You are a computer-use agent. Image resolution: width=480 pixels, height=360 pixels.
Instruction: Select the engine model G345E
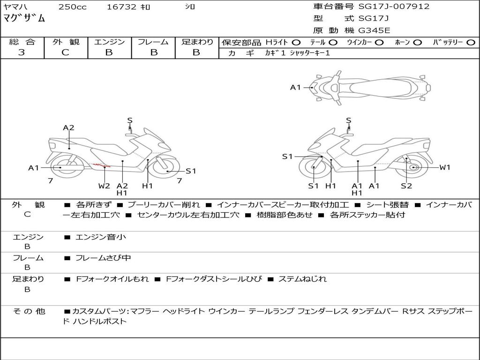pyautogui.click(x=374, y=30)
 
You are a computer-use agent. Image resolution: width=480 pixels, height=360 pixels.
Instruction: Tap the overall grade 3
pyautogui.click(x=22, y=52)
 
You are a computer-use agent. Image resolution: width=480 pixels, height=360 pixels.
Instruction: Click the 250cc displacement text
pyautogui.click(x=72, y=7)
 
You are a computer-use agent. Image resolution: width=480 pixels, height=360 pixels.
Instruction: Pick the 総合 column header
pyautogui.click(x=22, y=42)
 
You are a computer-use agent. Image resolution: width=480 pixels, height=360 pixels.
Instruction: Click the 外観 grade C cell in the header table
pyautogui.click(x=65, y=52)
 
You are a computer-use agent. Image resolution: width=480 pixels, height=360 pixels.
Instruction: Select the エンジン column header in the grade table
pyautogui.click(x=109, y=42)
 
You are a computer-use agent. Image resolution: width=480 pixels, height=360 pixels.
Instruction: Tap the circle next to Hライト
pyautogui.click(x=296, y=43)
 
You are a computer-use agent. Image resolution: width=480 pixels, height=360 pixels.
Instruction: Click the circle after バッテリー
pyautogui.click(x=471, y=43)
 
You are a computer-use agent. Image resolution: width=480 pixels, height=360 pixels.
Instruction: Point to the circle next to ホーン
pyautogui.click(x=417, y=43)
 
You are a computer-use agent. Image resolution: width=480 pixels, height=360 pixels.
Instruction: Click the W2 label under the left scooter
pyautogui.click(x=104, y=186)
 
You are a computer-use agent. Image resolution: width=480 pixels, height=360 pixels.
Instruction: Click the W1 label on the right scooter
pyautogui.click(x=444, y=167)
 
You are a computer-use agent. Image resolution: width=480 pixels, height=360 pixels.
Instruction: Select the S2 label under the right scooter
pyautogui.click(x=406, y=186)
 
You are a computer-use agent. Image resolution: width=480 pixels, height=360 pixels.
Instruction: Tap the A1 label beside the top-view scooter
pyautogui.click(x=295, y=87)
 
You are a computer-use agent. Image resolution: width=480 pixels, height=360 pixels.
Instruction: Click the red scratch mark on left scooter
pyautogui.click(x=101, y=165)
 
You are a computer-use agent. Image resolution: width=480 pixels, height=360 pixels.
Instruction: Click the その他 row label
pyautogui.click(x=28, y=311)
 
